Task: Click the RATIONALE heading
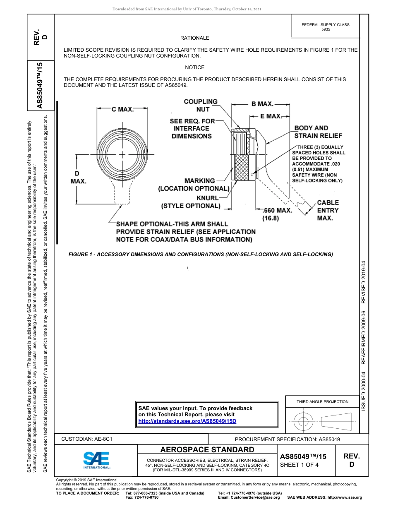coord(194,38)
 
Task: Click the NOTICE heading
coord(194,67)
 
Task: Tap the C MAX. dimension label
coord(122,109)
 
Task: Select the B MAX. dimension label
coord(262,104)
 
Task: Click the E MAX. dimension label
coord(271,116)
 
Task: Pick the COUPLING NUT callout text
coord(201,105)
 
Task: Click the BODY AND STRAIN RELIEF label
coord(318,132)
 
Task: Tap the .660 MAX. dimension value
coord(277,210)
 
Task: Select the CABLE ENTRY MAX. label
coord(328,210)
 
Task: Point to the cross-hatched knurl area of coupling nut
coord(242,168)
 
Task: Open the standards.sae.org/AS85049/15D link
coord(187,421)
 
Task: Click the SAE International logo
coord(96,459)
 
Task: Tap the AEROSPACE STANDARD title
coord(207,450)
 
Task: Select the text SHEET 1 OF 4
coord(300,464)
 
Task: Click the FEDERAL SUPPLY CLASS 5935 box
coord(325,27)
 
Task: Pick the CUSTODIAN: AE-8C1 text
coord(87,439)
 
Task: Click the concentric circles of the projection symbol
coord(304,421)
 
